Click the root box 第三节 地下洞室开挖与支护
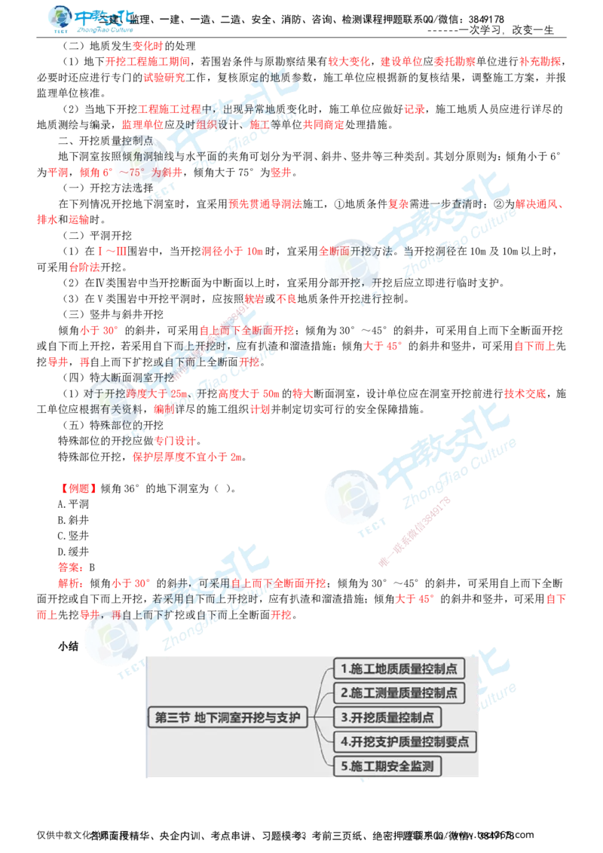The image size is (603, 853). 228,717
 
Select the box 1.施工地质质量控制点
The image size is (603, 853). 399,668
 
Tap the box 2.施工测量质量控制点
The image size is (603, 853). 399,692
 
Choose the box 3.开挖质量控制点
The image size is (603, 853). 388,717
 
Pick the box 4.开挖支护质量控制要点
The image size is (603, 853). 405,741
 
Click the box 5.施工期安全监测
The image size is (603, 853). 388,766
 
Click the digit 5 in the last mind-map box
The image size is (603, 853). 344,766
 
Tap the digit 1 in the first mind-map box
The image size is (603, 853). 344,668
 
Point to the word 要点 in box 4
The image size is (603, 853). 457,741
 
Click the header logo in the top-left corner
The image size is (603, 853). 90,21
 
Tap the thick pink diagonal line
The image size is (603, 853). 415,531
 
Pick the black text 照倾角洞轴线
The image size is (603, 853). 147,156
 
